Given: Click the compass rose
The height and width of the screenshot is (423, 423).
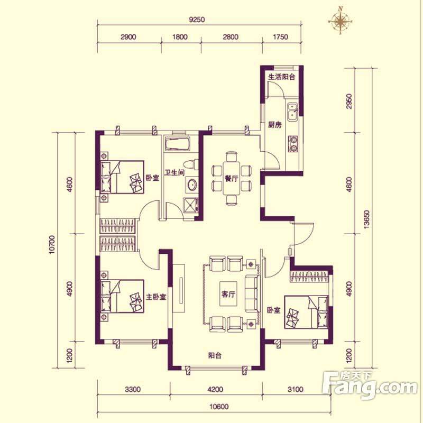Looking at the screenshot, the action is click(x=340, y=21).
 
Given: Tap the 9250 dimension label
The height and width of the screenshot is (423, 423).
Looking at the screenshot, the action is click(x=197, y=20).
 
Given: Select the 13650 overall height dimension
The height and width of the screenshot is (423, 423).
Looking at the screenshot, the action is click(x=366, y=219).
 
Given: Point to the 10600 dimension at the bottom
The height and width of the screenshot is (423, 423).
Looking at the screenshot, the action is click(x=219, y=406).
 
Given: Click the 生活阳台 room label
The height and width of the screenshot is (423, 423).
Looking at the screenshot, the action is click(x=282, y=77).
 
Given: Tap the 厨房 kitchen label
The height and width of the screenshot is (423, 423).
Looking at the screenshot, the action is click(x=274, y=125).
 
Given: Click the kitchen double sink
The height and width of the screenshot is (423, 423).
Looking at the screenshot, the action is click(x=292, y=112).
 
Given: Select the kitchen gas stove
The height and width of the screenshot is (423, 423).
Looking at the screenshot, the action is click(x=293, y=143).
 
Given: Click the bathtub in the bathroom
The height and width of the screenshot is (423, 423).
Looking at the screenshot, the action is click(x=178, y=144).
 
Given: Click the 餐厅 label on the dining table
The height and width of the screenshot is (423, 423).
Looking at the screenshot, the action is click(x=231, y=178).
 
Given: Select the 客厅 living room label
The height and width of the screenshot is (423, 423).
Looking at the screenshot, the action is click(x=228, y=294).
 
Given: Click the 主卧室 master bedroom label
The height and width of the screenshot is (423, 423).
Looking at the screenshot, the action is click(x=156, y=297).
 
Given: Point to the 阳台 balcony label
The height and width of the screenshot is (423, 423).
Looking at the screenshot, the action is click(x=215, y=355).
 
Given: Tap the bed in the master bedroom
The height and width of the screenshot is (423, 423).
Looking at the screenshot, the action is click(x=122, y=296).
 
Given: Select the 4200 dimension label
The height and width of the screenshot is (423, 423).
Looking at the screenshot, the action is click(x=216, y=389).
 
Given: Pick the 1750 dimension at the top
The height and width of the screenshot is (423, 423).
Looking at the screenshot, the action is click(x=281, y=36).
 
